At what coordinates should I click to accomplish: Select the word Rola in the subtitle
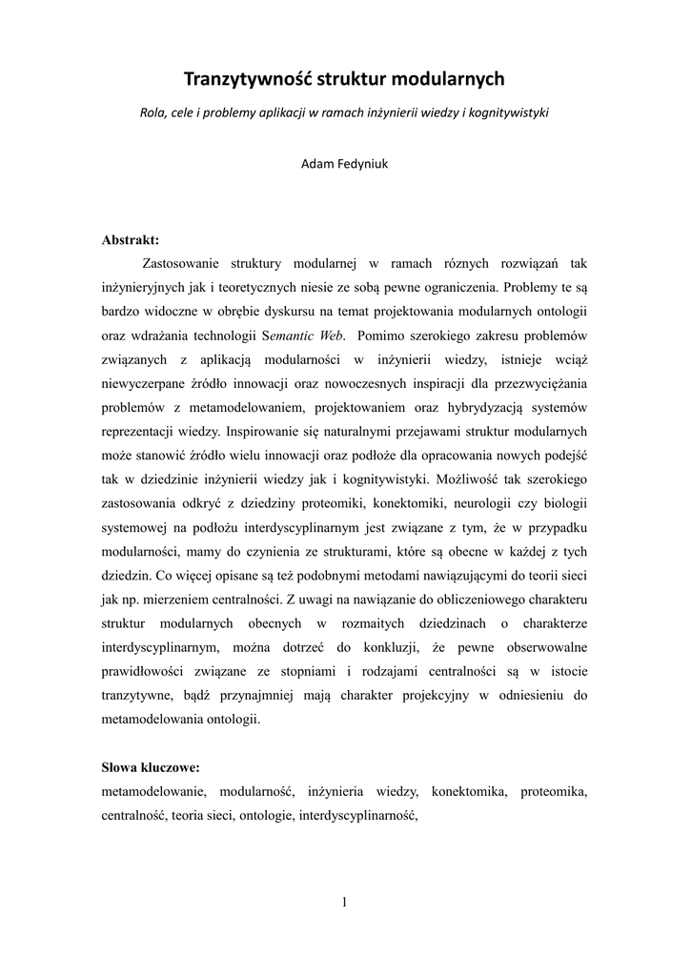(152, 112)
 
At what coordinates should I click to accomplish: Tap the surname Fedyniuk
(361, 162)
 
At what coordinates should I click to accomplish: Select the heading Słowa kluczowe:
(150, 767)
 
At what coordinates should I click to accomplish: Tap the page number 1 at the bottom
(344, 904)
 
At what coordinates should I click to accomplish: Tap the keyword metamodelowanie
(152, 791)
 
